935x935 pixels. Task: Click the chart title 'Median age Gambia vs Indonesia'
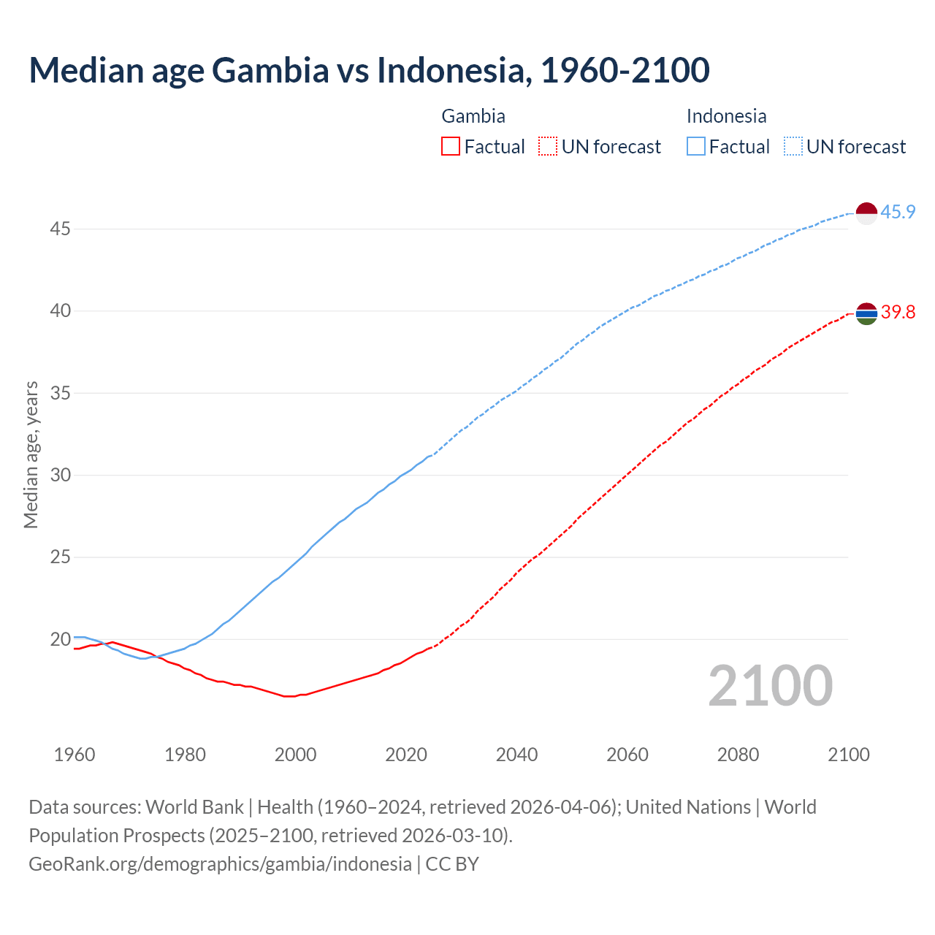[x=369, y=70]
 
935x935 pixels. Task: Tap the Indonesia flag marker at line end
[x=866, y=213]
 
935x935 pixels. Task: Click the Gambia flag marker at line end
[x=866, y=313]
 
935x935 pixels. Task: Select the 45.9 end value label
[x=898, y=213]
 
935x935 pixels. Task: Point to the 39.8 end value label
[x=898, y=313]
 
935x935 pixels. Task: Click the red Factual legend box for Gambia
[x=451, y=146]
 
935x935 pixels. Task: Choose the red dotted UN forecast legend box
[x=548, y=146]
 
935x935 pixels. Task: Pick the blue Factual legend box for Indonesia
[x=696, y=146]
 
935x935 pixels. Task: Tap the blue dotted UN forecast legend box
[x=793, y=146]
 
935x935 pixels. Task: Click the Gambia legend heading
[x=473, y=116]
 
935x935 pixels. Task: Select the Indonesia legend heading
[x=726, y=116]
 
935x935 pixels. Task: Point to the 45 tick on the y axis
[x=60, y=229]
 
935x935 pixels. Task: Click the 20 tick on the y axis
[x=60, y=640]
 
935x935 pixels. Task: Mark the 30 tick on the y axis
[x=60, y=476]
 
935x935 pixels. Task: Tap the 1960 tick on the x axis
[x=75, y=755]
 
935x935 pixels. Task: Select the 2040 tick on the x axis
[x=516, y=755]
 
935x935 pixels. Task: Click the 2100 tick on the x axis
[x=848, y=755]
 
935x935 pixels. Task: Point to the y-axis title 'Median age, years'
[x=31, y=454]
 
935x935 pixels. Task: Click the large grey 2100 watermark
[x=771, y=685]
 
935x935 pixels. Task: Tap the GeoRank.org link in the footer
[x=220, y=864]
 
